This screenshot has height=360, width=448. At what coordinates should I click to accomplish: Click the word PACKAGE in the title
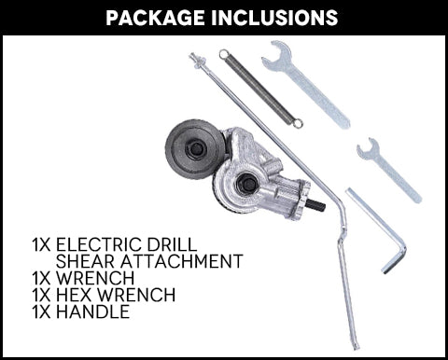(155, 18)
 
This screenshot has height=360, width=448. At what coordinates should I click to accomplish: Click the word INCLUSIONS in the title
(274, 18)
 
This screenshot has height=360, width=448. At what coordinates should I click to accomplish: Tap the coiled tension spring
(260, 89)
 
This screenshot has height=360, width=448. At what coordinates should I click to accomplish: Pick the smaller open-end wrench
(389, 170)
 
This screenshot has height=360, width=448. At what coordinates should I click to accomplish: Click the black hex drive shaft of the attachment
(316, 205)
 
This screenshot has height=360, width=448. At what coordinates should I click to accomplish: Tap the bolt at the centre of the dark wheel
(195, 149)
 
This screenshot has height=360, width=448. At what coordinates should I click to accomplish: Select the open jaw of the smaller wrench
(368, 147)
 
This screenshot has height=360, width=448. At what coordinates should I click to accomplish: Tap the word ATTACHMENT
(182, 261)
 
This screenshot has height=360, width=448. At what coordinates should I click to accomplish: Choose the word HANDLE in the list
(92, 312)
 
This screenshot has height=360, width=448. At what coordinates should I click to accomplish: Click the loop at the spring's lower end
(298, 124)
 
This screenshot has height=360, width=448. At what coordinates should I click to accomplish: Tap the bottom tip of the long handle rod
(356, 346)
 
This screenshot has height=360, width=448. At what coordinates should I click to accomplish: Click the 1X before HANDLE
(41, 312)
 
